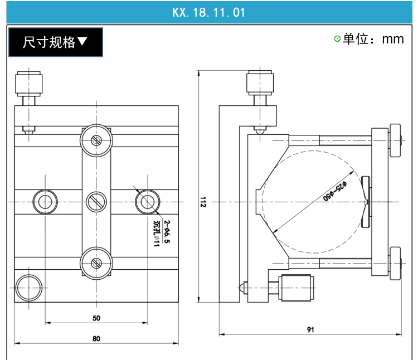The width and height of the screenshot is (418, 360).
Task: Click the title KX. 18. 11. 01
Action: [208, 12]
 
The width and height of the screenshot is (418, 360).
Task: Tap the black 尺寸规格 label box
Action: [55, 42]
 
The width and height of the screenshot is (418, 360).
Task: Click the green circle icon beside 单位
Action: [337, 39]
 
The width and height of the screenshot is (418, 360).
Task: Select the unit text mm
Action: [393, 39]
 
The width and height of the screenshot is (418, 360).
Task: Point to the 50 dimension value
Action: [96, 318]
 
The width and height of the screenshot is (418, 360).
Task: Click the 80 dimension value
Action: [96, 338]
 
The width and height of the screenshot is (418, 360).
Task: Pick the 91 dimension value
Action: [310, 329]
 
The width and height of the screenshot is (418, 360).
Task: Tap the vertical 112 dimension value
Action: [203, 202]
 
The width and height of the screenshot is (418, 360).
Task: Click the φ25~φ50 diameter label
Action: [335, 191]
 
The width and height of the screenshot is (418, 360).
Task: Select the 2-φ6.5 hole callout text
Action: [167, 231]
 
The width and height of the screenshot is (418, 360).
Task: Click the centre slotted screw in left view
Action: [96, 202]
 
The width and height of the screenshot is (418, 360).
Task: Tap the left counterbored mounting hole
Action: [45, 202]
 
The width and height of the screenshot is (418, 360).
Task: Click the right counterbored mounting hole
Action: [148, 202]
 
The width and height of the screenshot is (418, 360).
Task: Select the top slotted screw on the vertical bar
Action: [96, 140]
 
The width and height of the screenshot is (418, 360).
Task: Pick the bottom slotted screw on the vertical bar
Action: [96, 263]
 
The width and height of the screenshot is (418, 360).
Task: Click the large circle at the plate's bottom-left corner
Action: [29, 288]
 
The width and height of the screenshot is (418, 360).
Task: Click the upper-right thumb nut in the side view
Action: [395, 140]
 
